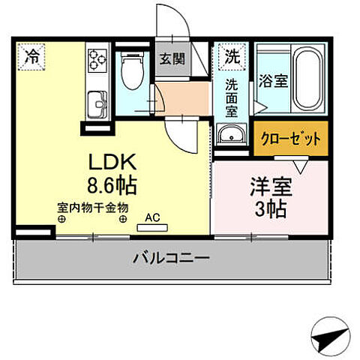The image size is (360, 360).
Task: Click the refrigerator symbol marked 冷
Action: coord(32,55)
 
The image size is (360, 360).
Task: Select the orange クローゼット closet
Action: coord(290,139)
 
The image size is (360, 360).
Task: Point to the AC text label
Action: coord(152,217)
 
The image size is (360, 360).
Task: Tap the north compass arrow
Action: coord(329,339)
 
